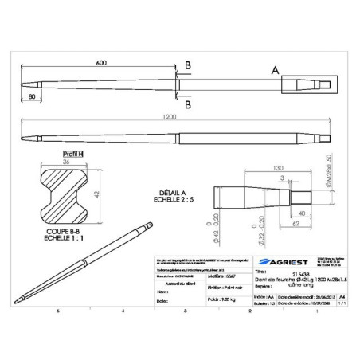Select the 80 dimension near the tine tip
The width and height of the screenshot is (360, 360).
click(31, 98)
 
